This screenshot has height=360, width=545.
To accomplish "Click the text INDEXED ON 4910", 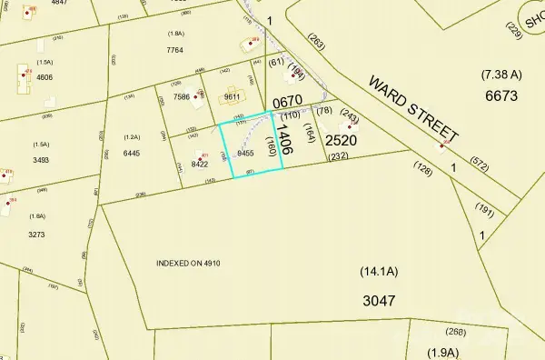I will pyautogui.click(x=189, y=263).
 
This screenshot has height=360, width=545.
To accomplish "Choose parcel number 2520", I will pyautogui.click(x=341, y=141).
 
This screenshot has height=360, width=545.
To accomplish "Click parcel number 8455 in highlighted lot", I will pyautogui.click(x=244, y=154).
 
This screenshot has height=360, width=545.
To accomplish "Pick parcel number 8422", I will pyautogui.click(x=201, y=165).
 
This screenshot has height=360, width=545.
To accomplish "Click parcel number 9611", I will pyautogui.click(x=233, y=96).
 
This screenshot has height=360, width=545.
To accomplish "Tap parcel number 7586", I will pyautogui.click(x=181, y=95).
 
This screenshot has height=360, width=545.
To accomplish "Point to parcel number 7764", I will pyautogui.click(x=175, y=51).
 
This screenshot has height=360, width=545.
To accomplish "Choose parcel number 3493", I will pyautogui.click(x=42, y=160).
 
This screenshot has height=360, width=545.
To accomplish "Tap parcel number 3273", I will pyautogui.click(x=36, y=234).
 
